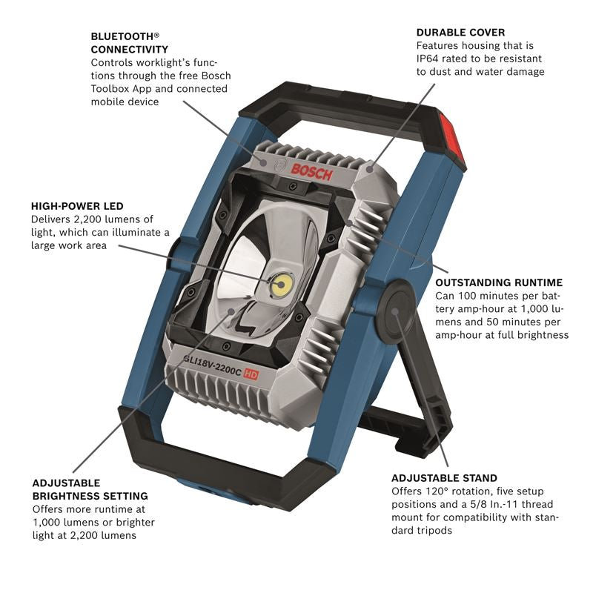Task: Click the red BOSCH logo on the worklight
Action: (312, 171)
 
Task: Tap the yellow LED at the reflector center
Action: (282, 284)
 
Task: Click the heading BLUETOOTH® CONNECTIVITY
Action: (125, 42)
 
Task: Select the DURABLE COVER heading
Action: (460, 33)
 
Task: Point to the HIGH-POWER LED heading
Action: (77, 205)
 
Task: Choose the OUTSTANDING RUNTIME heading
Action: (499, 282)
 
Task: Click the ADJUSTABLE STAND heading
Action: (444, 478)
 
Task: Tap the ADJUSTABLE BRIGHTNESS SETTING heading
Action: (90, 489)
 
